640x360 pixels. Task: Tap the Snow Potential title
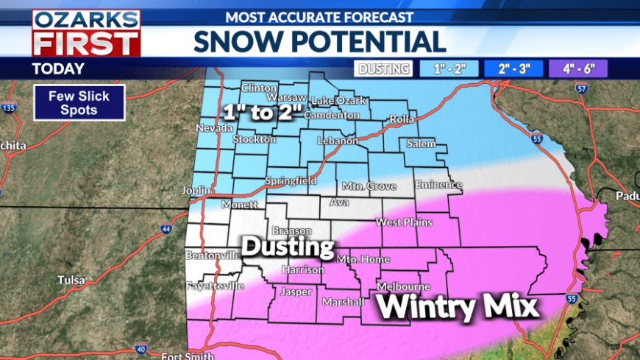tap(319, 41)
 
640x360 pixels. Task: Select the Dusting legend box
tap(383, 69)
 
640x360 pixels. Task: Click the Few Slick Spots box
tap(78, 103)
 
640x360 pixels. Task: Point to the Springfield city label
tap(291, 180)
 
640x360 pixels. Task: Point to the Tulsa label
tap(72, 280)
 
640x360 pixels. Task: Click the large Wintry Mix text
tap(459, 306)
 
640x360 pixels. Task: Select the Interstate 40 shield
tap(141, 349)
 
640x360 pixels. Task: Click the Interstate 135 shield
tap(8, 108)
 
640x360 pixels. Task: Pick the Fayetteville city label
tap(214, 286)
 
